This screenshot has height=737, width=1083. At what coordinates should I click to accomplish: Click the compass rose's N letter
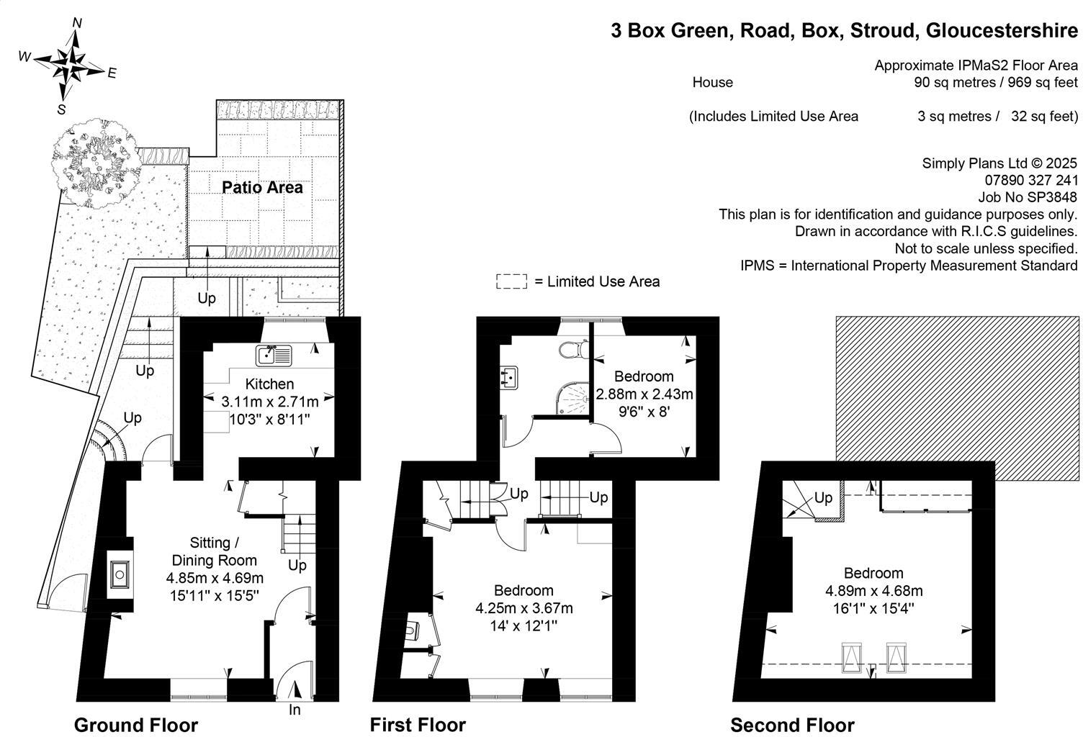point(77,23)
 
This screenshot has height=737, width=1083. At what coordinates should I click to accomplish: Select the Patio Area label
point(262,188)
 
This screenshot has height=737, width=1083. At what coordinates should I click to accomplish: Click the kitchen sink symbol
point(274,355)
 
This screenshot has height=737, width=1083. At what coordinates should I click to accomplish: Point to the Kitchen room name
point(269,384)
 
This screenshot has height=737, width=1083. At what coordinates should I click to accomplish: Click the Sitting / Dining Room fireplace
point(119,574)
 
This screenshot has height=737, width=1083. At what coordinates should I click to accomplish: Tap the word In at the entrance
point(295,710)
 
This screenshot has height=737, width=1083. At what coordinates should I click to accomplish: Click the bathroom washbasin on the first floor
point(511,378)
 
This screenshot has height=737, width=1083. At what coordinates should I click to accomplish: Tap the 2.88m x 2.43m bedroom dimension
point(644,394)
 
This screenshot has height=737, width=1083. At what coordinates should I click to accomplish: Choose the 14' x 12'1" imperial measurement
point(523,626)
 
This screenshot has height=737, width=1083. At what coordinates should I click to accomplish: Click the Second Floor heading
point(792,725)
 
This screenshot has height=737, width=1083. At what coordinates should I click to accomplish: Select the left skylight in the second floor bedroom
point(852,657)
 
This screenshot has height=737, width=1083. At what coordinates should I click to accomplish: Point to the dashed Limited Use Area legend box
point(511,282)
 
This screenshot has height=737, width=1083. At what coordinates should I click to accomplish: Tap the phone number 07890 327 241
point(1031,180)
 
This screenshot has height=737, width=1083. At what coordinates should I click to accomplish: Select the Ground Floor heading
point(136,725)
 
